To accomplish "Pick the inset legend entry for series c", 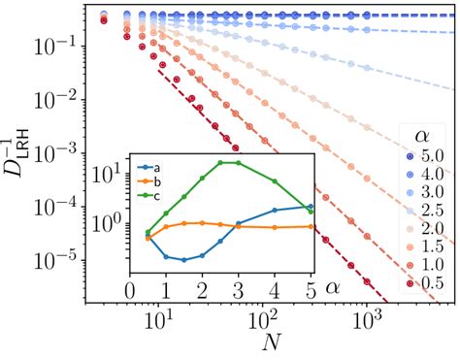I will [x=151, y=195].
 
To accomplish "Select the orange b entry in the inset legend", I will [x=151, y=180].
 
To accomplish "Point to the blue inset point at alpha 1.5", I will [x=183, y=260].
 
